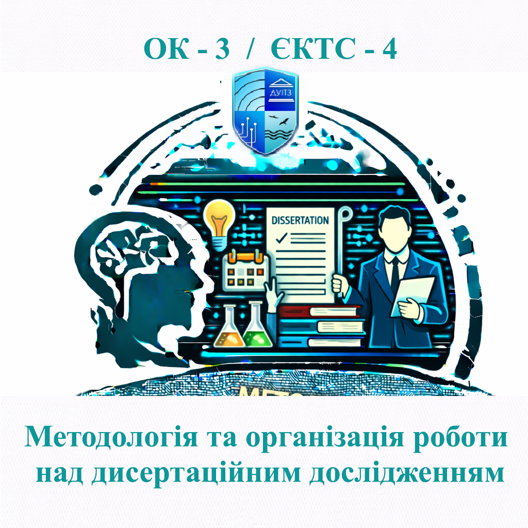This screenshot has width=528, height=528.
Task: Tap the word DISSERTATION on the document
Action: (x=300, y=220)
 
